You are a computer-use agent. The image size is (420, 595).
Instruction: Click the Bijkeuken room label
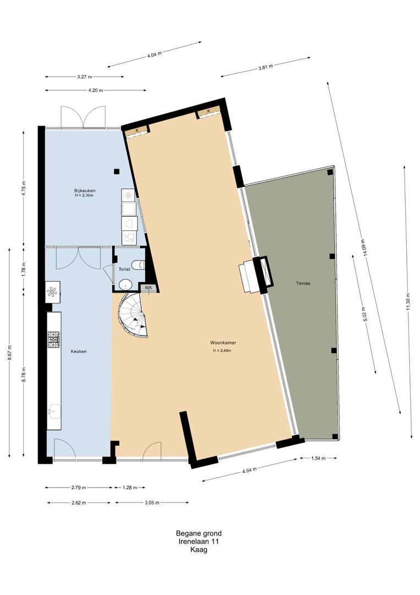(84, 191)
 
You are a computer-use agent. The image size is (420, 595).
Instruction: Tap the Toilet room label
(124, 269)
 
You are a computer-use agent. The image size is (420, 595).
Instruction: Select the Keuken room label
(79, 351)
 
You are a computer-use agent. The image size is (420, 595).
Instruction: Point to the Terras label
(303, 283)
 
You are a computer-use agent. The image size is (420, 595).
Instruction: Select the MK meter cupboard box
(148, 288)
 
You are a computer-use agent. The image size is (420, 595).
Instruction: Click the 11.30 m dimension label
(408, 301)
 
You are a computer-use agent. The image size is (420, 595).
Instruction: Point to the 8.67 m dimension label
(9, 352)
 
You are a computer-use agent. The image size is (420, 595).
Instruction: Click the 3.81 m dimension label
(266, 67)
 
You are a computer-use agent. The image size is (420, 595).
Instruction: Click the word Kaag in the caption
(199, 549)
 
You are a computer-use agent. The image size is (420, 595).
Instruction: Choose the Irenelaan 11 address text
(199, 542)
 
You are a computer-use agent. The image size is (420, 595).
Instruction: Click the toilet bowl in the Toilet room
(140, 265)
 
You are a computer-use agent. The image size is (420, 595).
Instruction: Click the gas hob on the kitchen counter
(53, 340)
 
